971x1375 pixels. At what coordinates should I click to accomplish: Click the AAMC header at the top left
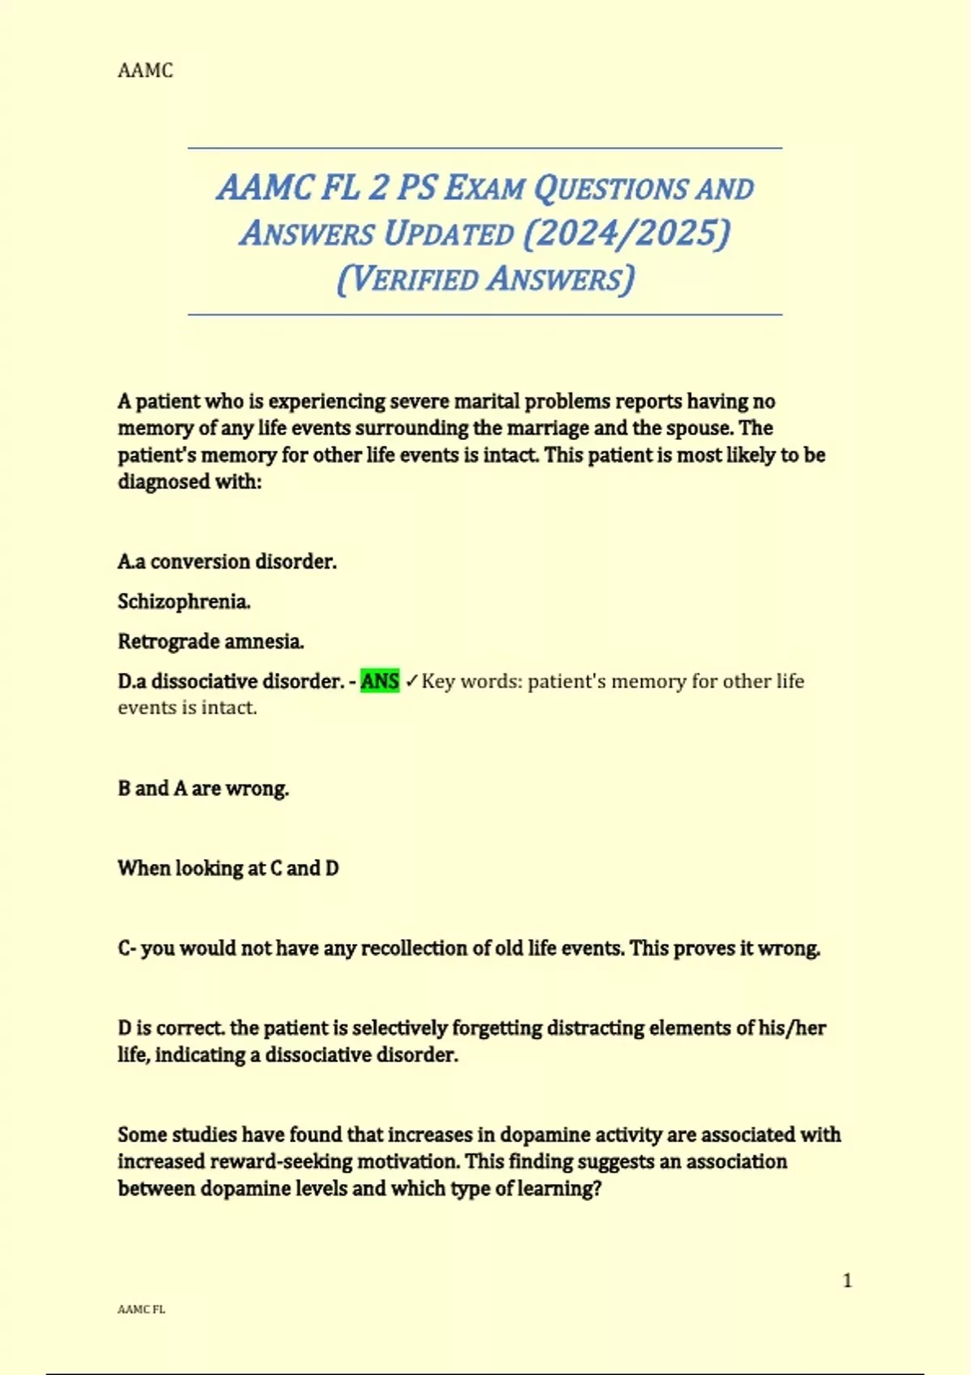click(x=145, y=70)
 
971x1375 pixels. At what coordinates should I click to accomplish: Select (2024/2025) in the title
click(x=626, y=233)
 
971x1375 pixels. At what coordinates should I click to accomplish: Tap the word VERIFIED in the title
click(x=415, y=279)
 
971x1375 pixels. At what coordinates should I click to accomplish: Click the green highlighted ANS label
click(x=379, y=681)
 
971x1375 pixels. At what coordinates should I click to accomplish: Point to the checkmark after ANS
click(x=411, y=682)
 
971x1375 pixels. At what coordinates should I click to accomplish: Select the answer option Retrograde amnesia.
click(x=210, y=641)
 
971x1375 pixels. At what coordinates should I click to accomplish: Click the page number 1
click(x=847, y=1280)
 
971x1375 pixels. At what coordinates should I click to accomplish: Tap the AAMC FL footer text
click(x=141, y=1309)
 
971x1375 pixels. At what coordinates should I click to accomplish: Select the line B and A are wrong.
click(x=203, y=789)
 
